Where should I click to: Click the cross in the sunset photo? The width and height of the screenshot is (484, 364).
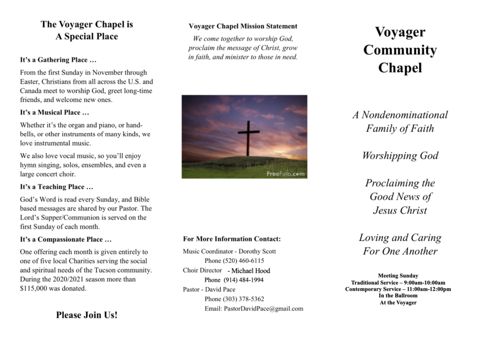249,134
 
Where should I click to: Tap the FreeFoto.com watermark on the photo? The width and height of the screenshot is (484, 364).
285,174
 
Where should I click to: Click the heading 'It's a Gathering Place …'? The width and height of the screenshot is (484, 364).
58,60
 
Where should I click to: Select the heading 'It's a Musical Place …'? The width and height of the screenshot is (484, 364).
54,113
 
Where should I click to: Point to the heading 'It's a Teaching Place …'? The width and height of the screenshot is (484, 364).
56,187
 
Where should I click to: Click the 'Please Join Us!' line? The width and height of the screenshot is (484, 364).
86,315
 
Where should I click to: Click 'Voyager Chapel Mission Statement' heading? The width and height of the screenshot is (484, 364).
243,26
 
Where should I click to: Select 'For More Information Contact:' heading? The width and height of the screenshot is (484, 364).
232,239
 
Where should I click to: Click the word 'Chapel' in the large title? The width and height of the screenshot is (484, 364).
399,68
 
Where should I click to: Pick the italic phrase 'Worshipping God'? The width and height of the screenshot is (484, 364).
400,156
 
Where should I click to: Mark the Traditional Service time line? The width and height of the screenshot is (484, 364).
398,283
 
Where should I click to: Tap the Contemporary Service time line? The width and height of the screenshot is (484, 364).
398,289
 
